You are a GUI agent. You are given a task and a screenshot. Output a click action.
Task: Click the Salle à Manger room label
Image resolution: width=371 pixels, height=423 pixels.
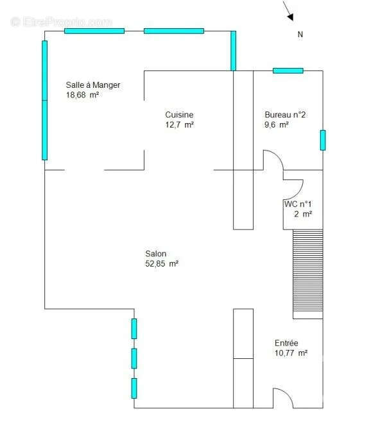click(x=93, y=85)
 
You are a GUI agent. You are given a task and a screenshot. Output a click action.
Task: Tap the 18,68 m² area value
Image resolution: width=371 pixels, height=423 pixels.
click(x=82, y=95)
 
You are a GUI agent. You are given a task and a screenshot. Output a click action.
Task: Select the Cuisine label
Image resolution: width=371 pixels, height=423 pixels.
click(x=179, y=115)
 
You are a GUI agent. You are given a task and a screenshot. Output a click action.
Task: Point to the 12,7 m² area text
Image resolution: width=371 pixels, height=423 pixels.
click(x=180, y=125)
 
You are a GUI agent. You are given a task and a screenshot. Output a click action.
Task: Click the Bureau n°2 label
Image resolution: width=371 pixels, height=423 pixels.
click(x=285, y=115)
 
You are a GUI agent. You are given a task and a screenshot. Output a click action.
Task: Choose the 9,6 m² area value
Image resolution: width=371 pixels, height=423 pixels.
click(x=277, y=125)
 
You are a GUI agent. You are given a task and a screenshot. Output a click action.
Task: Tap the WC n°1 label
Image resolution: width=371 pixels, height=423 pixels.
click(x=298, y=204)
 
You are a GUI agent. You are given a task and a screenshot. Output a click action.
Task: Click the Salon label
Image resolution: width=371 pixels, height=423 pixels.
click(x=155, y=254)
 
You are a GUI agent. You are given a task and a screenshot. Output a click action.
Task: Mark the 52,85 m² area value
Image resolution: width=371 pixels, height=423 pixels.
click(x=162, y=263)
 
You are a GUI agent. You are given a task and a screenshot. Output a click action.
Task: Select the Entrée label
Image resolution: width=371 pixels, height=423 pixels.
click(x=286, y=344)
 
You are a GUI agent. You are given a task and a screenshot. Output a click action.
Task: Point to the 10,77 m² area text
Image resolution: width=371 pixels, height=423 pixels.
click(x=291, y=353)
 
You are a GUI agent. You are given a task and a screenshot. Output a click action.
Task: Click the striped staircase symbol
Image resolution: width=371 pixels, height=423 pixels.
click(x=307, y=272)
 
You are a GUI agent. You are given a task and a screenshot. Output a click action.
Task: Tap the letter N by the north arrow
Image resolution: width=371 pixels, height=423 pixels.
click(x=300, y=35)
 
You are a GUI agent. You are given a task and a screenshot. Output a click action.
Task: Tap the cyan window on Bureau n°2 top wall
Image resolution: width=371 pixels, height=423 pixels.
click(x=288, y=70)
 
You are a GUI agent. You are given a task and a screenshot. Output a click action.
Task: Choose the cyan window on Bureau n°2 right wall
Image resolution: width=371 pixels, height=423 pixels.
click(x=323, y=140)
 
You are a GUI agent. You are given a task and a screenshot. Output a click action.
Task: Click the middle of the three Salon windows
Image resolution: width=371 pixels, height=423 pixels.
click(x=134, y=358)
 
